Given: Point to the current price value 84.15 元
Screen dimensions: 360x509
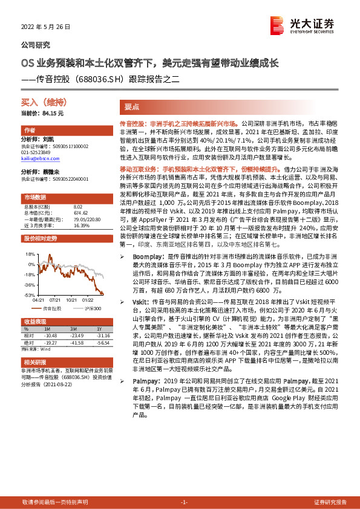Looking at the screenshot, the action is click(x=53, y=113).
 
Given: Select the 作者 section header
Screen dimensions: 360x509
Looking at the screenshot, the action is click(x=29, y=131).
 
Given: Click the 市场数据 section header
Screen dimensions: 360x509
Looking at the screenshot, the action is click(x=34, y=198).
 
